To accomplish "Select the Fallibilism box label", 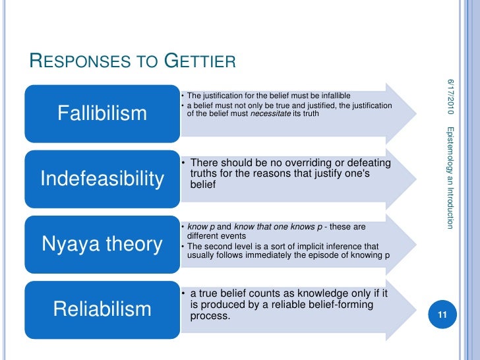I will pos(102,113).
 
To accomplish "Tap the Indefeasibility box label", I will pos(102,179).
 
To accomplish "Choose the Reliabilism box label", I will pos(102,309).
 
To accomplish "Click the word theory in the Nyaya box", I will pos(133,244).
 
